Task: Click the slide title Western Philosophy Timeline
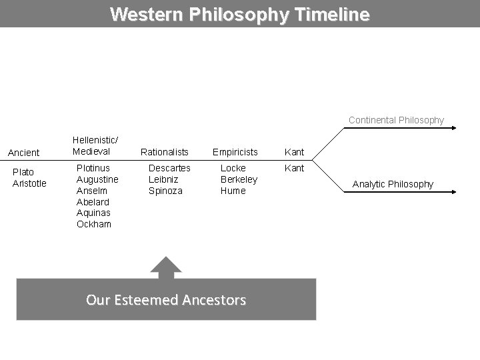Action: (239, 14)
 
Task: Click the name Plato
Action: (23, 172)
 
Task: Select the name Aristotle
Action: (29, 183)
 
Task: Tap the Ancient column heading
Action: (23, 153)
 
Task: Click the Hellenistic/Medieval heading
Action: (95, 145)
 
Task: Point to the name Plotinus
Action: (93, 168)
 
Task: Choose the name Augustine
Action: (97, 179)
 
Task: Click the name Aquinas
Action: (94, 213)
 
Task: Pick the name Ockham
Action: (94, 224)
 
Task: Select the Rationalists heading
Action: (164, 152)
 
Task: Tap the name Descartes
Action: (169, 168)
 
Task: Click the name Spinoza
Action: (166, 191)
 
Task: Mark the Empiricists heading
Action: (235, 152)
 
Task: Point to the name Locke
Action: (233, 168)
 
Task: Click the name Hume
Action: (233, 191)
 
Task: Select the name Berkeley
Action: (239, 179)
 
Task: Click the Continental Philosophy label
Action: (396, 120)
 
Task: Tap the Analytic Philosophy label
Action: (393, 184)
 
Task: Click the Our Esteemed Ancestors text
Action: (166, 300)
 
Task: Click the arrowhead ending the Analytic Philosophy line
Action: (453, 192)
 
